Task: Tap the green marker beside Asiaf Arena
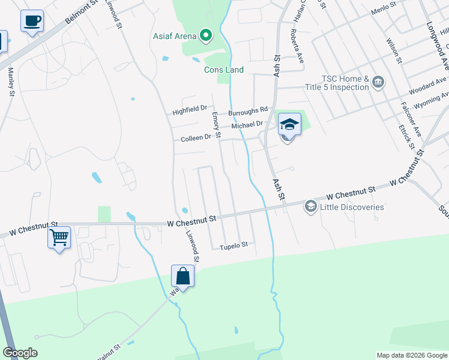pos(206,36)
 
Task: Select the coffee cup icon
pos(32,22)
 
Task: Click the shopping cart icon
pos(59,238)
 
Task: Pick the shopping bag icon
pos(183,277)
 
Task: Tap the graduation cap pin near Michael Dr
pos(289,125)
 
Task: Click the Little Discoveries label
pos(352,207)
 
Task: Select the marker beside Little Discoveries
pos(310,207)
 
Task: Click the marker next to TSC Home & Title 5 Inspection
pos(378,82)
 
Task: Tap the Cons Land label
pos(224,70)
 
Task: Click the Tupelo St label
pos(234,246)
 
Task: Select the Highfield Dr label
pos(190,111)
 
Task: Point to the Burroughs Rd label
pos(247,111)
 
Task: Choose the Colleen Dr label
pos(196,138)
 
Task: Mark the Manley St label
pos(11,81)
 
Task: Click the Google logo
pos(20,353)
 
